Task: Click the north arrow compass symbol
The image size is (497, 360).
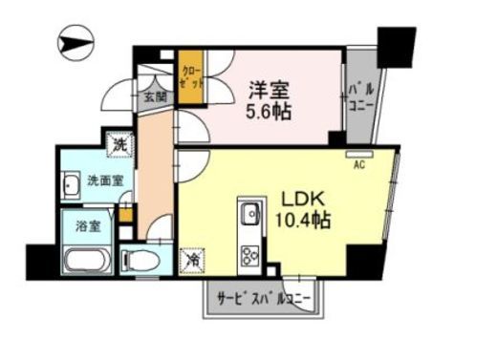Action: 76,43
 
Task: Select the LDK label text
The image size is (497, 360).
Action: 304,200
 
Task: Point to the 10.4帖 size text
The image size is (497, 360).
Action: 305,221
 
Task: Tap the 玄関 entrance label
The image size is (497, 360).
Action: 155,95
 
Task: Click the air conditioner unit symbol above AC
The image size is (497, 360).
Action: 359,152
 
